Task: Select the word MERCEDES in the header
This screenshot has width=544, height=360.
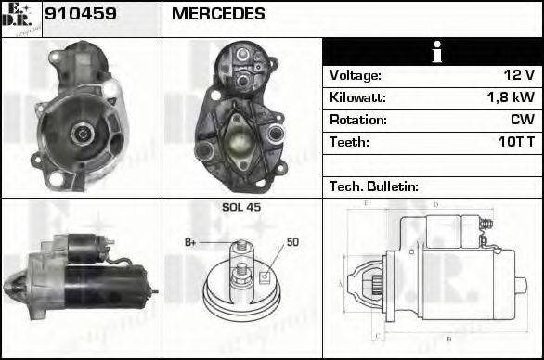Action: tap(218, 14)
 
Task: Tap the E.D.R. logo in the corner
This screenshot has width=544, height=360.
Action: tap(19, 18)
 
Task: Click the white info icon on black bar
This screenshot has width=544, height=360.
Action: tap(433, 52)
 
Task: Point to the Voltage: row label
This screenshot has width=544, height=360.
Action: tap(355, 75)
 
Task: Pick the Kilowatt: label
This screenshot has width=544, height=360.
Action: tap(357, 97)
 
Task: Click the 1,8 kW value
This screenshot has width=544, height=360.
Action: tap(512, 97)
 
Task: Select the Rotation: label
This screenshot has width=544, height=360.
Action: tap(357, 120)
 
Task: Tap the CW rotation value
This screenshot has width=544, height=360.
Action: tap(522, 120)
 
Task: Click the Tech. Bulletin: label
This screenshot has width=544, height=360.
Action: tap(374, 186)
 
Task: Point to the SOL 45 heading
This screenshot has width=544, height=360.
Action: tap(240, 207)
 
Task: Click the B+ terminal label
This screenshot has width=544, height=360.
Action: tap(191, 242)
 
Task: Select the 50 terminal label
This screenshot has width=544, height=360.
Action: tap(292, 242)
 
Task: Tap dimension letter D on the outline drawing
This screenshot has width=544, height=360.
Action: tap(434, 204)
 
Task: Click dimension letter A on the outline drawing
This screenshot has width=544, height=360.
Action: tap(342, 282)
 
